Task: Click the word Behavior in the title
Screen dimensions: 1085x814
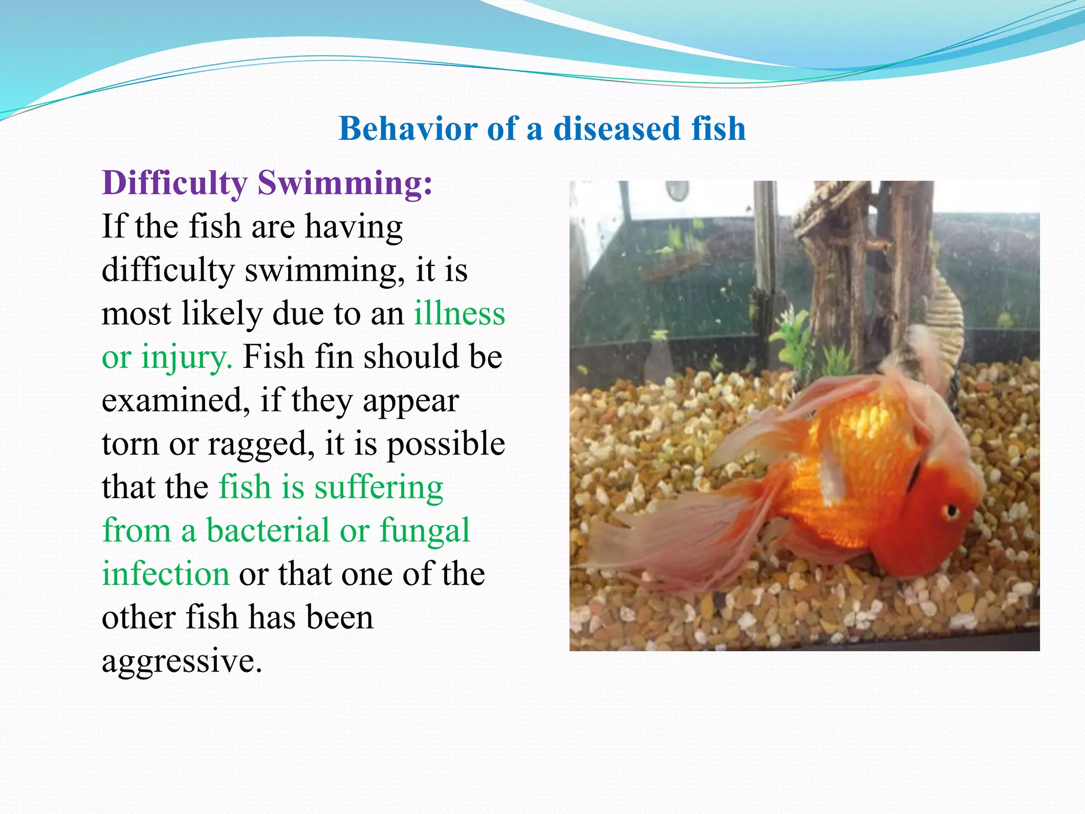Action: pos(408,129)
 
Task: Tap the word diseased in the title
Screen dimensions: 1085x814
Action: pos(617,129)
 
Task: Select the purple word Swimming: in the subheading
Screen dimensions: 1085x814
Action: pos(345,184)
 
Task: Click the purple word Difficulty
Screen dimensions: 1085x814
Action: pos(174,184)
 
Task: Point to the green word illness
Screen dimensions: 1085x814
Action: pos(459,314)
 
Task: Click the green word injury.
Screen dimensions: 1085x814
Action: pos(186,358)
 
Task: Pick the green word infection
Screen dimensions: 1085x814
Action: pos(165,574)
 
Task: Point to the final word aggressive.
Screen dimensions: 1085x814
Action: pos(182,662)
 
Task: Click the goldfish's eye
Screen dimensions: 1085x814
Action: pos(950,511)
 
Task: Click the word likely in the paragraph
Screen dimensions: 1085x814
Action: pos(222,314)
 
